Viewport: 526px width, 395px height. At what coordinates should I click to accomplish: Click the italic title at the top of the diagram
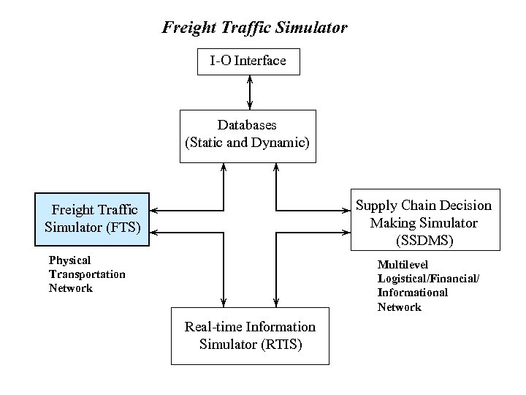click(254, 29)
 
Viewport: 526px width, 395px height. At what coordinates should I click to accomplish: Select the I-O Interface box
click(248, 61)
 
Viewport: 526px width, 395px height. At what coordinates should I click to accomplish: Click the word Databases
click(247, 125)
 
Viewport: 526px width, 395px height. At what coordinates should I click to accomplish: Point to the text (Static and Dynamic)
click(248, 143)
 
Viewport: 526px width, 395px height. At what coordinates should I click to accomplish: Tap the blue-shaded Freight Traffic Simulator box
click(92, 219)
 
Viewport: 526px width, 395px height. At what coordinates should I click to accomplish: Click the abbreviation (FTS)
click(123, 227)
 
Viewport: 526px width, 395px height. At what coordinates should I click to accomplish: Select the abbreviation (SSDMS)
click(423, 240)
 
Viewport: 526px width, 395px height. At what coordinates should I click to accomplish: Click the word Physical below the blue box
click(69, 260)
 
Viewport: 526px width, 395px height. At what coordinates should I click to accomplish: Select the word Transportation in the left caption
click(87, 274)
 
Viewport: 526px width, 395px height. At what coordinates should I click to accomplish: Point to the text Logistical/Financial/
click(428, 279)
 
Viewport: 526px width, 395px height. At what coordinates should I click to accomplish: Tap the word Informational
click(413, 293)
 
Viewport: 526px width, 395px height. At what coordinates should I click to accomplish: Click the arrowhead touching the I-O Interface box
click(250, 79)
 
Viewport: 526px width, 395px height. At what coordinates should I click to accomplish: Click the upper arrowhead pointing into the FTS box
click(155, 210)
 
